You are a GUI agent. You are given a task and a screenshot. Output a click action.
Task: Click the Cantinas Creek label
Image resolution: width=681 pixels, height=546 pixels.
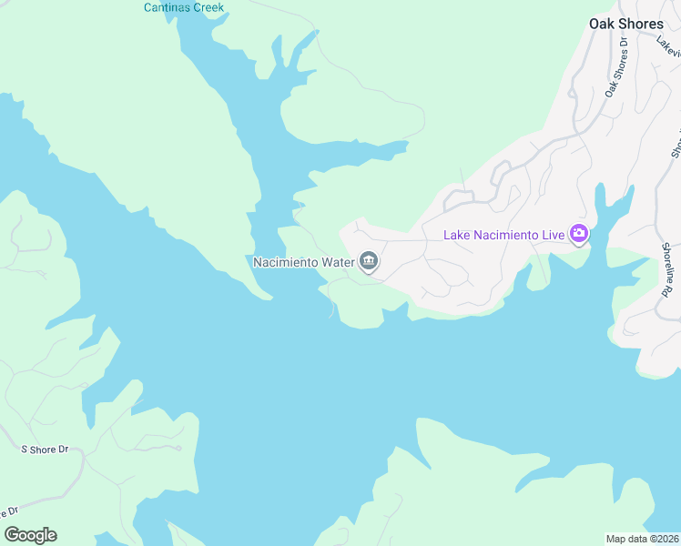click(183, 8)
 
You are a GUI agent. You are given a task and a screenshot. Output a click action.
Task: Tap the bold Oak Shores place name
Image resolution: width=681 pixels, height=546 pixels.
click(625, 24)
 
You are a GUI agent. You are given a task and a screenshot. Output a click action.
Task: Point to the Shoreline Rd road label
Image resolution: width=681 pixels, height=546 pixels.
click(666, 269)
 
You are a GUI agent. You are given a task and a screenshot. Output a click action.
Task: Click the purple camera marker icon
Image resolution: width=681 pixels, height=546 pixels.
click(578, 235)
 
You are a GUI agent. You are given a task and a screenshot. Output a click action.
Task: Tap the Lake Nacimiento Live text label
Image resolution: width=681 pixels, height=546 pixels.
click(504, 236)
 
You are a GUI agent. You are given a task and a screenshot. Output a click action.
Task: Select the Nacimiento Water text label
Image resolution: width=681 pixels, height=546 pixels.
click(302, 263)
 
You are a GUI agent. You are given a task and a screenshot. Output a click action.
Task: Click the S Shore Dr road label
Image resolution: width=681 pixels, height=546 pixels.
click(45, 450)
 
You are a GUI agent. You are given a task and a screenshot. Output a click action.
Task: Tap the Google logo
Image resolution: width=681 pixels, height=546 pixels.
click(30, 535)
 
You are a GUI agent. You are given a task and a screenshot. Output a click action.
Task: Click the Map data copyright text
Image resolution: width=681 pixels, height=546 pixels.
click(643, 539)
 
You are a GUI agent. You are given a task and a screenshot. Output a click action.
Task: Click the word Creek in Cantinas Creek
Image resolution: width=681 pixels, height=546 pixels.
click(207, 8)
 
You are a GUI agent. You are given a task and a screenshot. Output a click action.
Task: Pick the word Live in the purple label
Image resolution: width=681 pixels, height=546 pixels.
click(554, 236)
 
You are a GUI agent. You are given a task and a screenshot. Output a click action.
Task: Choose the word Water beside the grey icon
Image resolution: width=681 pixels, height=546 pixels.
click(336, 263)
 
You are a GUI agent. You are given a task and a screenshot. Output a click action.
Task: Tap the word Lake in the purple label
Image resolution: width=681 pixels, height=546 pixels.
click(458, 236)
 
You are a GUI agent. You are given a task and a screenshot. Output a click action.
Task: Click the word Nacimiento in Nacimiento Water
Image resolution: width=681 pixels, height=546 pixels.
click(285, 263)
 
